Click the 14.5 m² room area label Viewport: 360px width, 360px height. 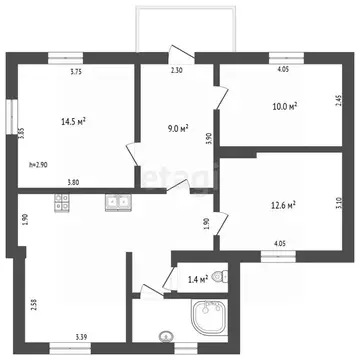[x=72, y=122]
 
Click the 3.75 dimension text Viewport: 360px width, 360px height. [x=76, y=71]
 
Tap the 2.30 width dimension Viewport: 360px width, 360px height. [x=177, y=71]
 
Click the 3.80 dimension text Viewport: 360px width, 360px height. [x=74, y=180]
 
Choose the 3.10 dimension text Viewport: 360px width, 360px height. [x=339, y=203]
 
